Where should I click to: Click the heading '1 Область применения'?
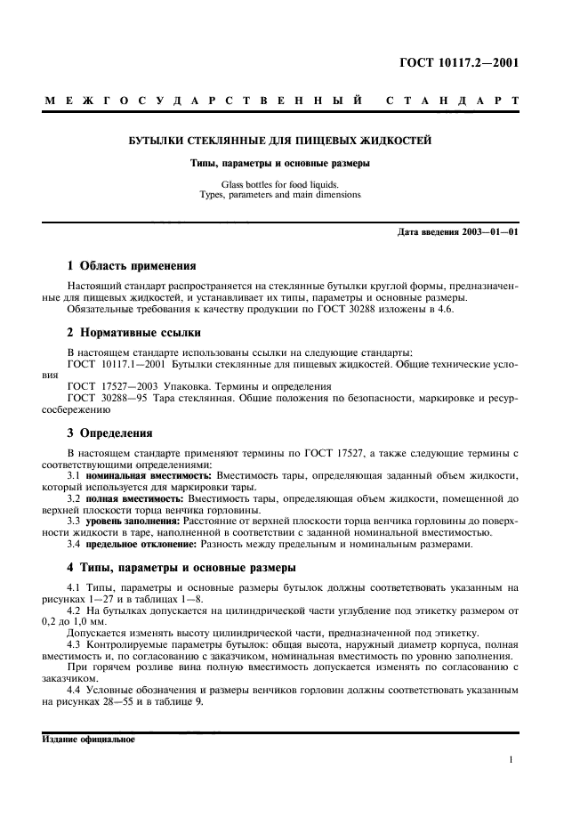tap(132, 266)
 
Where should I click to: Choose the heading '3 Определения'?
tap(111, 433)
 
